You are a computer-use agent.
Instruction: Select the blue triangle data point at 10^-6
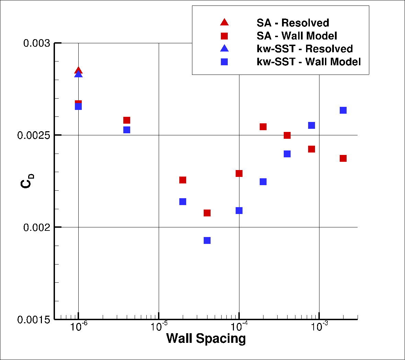point(78,74)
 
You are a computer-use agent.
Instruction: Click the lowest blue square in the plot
point(207,240)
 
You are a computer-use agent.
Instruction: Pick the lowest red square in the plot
point(207,213)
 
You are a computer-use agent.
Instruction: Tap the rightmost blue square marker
point(343,110)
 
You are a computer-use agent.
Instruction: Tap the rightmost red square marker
point(343,158)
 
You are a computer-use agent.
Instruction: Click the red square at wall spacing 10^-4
point(239,173)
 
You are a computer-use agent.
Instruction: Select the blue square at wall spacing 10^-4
point(239,211)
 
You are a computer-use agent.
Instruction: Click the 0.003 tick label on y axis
point(36,43)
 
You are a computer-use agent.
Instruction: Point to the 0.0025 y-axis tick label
point(34,135)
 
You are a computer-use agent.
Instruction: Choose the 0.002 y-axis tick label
point(36,227)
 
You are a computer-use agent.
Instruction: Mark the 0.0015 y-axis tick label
point(34,319)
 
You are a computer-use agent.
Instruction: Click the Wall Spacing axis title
point(206,339)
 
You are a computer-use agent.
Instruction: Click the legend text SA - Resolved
point(293,23)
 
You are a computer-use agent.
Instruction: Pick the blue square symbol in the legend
point(224,62)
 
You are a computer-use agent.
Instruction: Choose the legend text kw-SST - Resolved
point(305,49)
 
